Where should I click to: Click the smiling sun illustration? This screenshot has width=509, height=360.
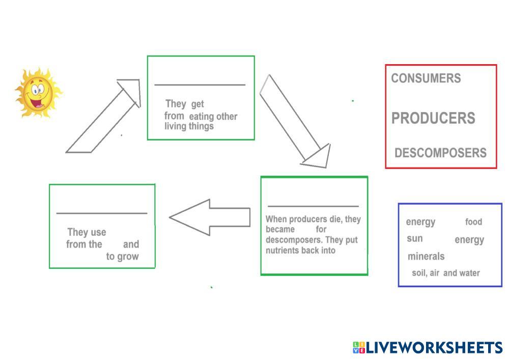[38, 93]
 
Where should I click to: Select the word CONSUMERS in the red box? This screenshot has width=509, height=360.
[426, 78]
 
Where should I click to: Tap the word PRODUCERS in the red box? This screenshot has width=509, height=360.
[433, 118]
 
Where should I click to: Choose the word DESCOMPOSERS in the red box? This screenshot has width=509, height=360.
[440, 153]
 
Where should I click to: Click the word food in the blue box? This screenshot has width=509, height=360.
[473, 222]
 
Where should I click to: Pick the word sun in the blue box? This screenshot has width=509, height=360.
[415, 238]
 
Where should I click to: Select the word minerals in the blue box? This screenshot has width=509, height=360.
[426, 256]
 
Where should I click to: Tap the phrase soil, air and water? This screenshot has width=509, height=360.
[446, 273]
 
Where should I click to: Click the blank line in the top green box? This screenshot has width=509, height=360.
[200, 85]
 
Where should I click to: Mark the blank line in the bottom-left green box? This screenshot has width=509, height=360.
[102, 213]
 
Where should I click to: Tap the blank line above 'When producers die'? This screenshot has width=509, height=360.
[313, 206]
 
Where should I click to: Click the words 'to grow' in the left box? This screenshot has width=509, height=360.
[122, 257]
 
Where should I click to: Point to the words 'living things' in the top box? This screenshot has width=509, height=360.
[189, 126]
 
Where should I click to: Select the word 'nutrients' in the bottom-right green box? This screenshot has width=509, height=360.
[282, 251]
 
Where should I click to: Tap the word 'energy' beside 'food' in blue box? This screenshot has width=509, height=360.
[420, 222]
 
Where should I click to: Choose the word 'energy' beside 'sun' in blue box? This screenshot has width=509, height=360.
[469, 240]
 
